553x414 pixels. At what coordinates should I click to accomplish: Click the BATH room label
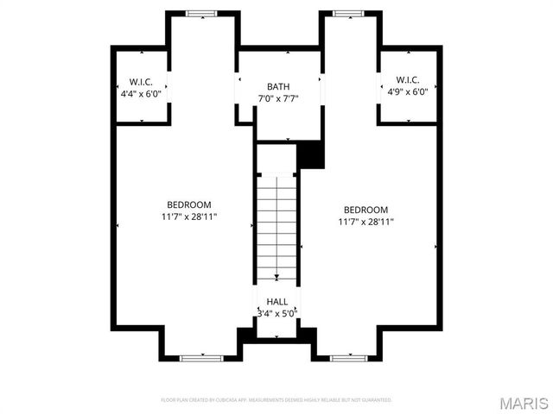pos(278,86)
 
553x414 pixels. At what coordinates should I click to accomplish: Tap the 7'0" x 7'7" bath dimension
pos(278,98)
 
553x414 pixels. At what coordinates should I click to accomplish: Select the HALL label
pos(276,301)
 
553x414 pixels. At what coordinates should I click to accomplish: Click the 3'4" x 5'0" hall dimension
pos(276,313)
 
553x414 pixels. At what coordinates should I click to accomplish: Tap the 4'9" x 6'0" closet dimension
pos(408,92)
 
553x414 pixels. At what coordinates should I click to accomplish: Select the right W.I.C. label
pos(408,80)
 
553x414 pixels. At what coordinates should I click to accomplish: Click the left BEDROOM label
pos(188,204)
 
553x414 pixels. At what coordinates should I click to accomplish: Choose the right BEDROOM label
pos(365,210)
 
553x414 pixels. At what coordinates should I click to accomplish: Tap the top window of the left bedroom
pos(203,13)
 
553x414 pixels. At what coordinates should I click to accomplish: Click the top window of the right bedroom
pos(349,13)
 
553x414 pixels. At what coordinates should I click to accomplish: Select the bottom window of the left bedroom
pos(201,357)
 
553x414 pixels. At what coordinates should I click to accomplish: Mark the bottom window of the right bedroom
pos(349,357)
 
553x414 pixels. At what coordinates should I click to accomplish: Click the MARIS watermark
pos(523,403)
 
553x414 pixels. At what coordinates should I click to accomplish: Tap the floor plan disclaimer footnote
pos(276,400)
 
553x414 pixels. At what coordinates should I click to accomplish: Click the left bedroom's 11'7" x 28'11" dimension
pos(188,216)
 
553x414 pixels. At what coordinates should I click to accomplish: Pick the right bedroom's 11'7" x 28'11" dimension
pos(365,222)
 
